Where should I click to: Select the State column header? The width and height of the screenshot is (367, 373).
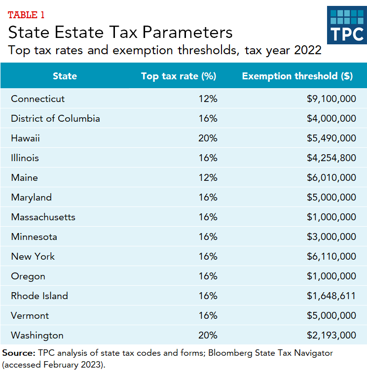click(65, 76)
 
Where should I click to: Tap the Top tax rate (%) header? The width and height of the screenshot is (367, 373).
click(179, 76)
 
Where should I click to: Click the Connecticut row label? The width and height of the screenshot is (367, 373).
click(37, 99)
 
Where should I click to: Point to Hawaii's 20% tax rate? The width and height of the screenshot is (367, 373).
click(208, 138)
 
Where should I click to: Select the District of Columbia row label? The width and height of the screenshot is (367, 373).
click(55, 118)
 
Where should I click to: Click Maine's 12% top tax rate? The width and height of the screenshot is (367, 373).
click(208, 177)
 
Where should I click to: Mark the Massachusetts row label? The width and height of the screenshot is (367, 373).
click(43, 217)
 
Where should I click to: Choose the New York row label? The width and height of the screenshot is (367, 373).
click(33, 256)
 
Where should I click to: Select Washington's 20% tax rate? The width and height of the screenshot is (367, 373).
click(208, 335)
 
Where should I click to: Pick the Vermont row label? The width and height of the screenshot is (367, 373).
click(30, 315)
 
